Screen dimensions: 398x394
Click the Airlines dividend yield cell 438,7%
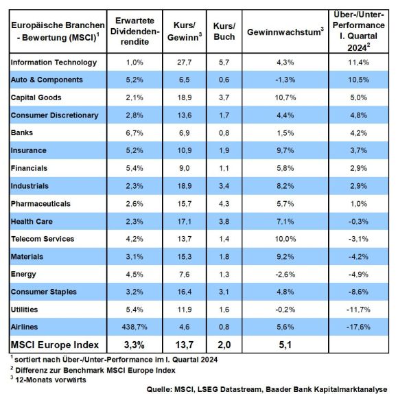pyautogui.click(x=134, y=327)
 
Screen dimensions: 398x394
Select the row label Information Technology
pyautogui.click(x=54, y=62)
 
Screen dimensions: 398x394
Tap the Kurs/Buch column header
pyautogui.click(x=224, y=31)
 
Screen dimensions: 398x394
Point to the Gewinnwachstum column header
pyautogui.click(x=285, y=32)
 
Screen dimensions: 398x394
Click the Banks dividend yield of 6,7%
pyautogui.click(x=134, y=132)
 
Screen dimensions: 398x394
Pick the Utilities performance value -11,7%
pyautogui.click(x=358, y=310)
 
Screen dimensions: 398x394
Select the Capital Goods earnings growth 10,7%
pyautogui.click(x=285, y=97)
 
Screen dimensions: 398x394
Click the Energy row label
pyautogui.click(x=23, y=275)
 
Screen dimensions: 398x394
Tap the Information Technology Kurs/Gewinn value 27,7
pyautogui.click(x=185, y=62)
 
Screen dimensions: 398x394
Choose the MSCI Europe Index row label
pyautogui.click(x=55, y=345)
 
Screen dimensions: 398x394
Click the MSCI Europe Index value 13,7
pyautogui.click(x=185, y=345)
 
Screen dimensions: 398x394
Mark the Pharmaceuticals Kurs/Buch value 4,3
pyautogui.click(x=224, y=204)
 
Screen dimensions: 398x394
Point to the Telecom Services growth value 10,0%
pyautogui.click(x=285, y=239)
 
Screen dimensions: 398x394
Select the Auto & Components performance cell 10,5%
pyautogui.click(x=358, y=80)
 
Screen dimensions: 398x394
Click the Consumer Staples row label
pyautogui.click(x=44, y=292)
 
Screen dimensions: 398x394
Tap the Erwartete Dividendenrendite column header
pyautogui.click(x=134, y=31)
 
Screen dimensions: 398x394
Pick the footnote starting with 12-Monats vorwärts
pyautogui.click(x=48, y=380)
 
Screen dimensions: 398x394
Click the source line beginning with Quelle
pyautogui.click(x=267, y=389)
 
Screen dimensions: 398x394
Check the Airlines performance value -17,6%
pyautogui.click(x=358, y=327)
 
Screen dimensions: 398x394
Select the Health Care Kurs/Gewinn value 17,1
pyautogui.click(x=185, y=222)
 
